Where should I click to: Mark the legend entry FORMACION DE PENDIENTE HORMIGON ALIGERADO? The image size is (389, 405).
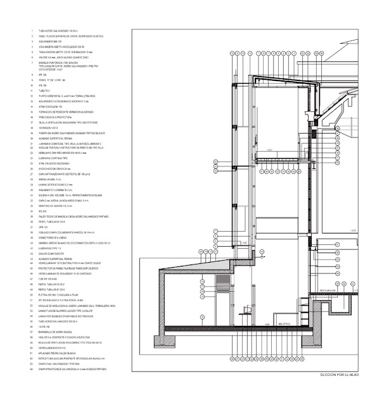tap(64, 112)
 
